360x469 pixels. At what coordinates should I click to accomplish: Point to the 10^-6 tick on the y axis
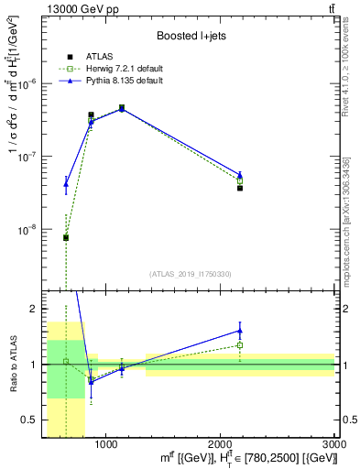click(x=29, y=82)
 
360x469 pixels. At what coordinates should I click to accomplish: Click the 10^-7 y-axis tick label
click(x=29, y=157)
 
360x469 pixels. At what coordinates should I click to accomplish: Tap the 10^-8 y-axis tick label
click(x=29, y=230)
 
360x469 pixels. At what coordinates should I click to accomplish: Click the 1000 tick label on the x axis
click(x=105, y=444)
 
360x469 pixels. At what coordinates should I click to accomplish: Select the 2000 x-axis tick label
click(x=221, y=444)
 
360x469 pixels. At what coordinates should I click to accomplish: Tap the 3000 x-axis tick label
click(x=333, y=444)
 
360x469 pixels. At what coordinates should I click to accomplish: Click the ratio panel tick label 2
click(x=34, y=309)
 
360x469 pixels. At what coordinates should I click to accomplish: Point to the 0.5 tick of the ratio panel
click(x=30, y=420)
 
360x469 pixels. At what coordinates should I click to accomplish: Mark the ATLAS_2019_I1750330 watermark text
click(x=191, y=274)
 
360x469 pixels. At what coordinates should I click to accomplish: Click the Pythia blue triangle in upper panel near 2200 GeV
click(x=240, y=174)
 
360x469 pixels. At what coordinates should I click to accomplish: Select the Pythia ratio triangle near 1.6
click(x=240, y=331)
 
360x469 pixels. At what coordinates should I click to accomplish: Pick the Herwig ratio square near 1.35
click(x=240, y=345)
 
